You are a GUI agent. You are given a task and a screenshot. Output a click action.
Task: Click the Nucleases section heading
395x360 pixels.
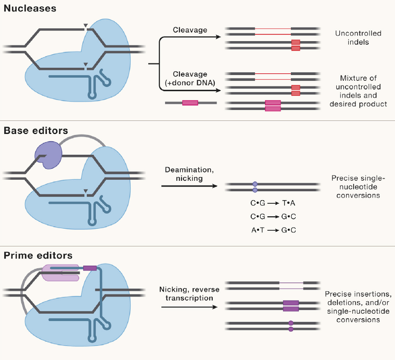[x=30, y=8]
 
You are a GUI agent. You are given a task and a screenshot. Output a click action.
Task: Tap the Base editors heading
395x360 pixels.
[x=36, y=131]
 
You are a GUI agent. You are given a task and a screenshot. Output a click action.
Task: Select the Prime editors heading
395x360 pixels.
[x=38, y=256]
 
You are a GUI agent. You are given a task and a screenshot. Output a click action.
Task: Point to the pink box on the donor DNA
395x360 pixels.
[x=190, y=103]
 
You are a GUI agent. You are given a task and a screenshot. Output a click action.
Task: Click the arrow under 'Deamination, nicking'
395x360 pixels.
[x=189, y=186]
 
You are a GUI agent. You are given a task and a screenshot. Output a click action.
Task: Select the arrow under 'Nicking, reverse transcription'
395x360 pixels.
[x=189, y=307]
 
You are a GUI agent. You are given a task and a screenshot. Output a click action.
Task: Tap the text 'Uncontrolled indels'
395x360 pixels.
[x=358, y=38]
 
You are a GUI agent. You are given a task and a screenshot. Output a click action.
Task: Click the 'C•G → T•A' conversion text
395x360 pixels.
[x=273, y=203]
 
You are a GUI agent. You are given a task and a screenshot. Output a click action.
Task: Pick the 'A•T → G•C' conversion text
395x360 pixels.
[x=273, y=230]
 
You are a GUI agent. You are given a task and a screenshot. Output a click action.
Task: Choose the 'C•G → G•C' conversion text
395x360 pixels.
[x=273, y=217]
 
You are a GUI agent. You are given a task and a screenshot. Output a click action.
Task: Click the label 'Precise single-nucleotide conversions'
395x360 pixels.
[x=358, y=187]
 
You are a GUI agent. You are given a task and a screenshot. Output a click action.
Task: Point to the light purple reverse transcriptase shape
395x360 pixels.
[x=60, y=273]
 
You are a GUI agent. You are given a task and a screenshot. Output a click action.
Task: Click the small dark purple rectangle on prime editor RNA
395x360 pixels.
[x=90, y=268]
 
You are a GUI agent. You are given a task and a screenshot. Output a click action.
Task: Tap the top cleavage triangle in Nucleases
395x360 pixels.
[x=86, y=26]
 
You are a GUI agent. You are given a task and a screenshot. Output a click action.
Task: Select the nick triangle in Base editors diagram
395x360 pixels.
[x=86, y=191]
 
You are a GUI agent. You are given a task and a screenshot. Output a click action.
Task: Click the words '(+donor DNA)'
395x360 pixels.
[x=190, y=83]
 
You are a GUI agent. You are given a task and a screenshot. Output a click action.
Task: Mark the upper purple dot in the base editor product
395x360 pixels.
[x=255, y=184]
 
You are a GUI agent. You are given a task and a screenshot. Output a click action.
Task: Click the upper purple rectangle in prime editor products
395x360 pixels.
[x=291, y=303]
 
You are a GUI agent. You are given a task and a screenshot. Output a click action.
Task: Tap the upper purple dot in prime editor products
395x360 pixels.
[x=291, y=323]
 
